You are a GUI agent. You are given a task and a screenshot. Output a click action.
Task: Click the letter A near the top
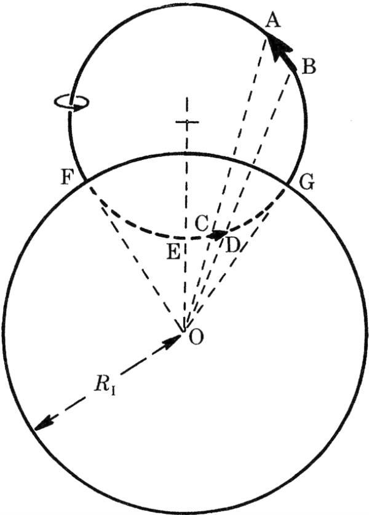[272, 22]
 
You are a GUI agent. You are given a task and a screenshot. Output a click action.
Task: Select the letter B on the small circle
[308, 66]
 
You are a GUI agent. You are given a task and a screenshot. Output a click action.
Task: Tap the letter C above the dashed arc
[202, 224]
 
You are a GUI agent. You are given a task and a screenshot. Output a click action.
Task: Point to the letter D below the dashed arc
[232, 246]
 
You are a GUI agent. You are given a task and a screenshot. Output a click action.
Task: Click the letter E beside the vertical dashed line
[173, 252]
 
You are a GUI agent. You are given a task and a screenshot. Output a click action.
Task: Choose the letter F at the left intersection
[66, 177]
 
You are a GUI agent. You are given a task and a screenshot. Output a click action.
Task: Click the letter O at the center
[197, 337]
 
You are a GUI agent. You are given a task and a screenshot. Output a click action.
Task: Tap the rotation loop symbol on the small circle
[71, 102]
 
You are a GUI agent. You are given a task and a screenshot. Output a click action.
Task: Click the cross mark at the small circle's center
[186, 122]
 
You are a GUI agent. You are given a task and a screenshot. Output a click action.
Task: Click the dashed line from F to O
[135, 256]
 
